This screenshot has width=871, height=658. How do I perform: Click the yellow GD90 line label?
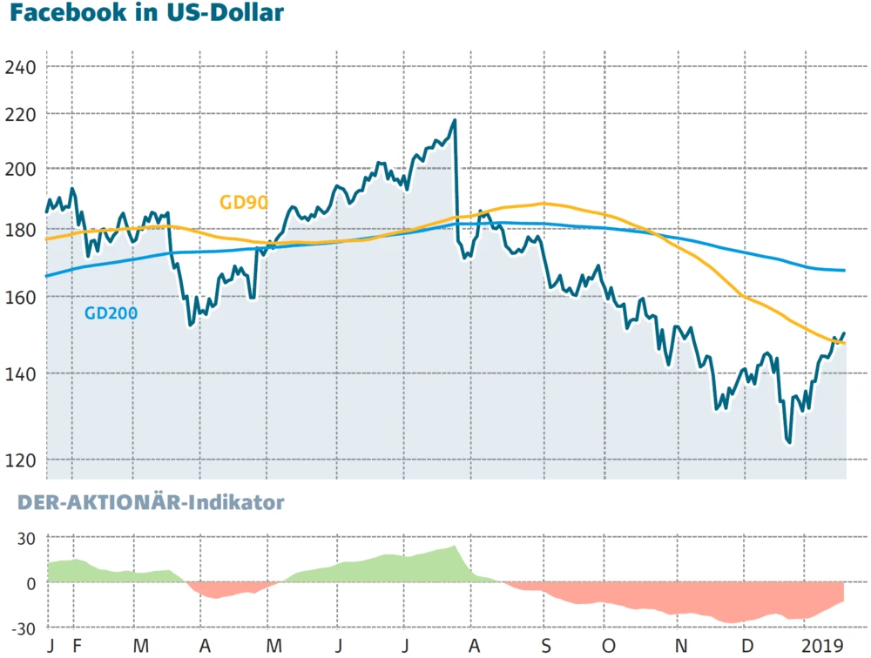tap(243, 203)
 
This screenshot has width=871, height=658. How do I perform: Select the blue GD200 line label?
tap(111, 313)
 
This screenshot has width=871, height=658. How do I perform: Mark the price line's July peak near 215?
tap(454, 120)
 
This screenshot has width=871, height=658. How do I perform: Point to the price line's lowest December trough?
tap(789, 442)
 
